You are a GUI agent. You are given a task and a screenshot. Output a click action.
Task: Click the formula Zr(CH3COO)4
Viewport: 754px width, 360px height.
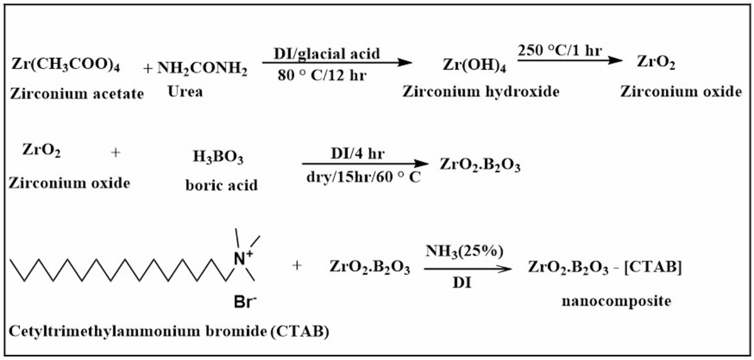coord(65,64)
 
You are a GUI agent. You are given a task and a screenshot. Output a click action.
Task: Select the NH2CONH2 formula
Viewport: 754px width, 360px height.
coord(202,68)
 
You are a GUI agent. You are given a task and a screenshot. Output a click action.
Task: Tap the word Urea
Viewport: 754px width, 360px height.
coord(185,92)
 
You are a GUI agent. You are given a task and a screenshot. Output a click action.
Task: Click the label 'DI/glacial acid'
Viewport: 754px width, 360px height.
coord(327,54)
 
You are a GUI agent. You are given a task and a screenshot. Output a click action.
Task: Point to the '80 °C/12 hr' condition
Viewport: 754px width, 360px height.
coord(322,75)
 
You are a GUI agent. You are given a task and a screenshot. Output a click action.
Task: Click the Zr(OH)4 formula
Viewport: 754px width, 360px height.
coord(474,65)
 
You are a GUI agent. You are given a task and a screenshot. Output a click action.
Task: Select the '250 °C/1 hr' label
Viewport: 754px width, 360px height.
coord(559,51)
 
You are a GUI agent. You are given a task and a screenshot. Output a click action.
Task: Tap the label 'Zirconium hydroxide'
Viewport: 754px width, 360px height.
coord(481,92)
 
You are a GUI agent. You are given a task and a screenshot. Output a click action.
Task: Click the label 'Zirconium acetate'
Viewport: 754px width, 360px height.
coord(77,94)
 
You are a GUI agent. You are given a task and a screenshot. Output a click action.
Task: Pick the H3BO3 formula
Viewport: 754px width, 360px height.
coord(218,157)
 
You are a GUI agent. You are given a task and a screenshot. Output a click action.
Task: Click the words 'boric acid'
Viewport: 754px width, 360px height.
coord(221,185)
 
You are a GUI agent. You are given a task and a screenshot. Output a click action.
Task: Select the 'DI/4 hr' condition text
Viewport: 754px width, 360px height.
coord(358,154)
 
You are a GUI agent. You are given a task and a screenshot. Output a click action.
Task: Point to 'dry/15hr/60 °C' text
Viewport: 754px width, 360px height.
coord(364,177)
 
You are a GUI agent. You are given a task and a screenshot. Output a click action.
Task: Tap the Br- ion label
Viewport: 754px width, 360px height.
coord(245,302)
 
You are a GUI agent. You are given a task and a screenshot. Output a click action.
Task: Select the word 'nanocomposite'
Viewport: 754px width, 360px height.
coord(616,301)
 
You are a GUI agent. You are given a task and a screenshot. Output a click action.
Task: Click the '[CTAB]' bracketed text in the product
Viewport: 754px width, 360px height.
coord(653,268)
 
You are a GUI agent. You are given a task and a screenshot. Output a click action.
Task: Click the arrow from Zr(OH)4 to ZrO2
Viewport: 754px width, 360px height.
coord(570,60)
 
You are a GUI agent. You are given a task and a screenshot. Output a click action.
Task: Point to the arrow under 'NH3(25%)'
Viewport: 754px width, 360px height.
coord(468,268)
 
